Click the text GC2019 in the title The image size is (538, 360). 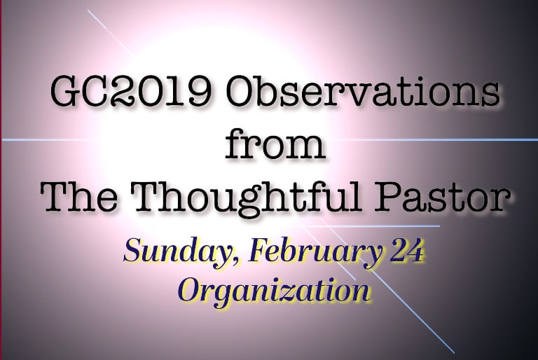click(x=130, y=93)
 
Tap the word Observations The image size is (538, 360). click(x=363, y=92)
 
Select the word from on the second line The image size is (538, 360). click(x=275, y=144)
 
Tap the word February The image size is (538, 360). click(x=315, y=251)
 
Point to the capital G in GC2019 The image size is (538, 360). click(x=65, y=93)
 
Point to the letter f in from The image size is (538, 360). click(x=236, y=144)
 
